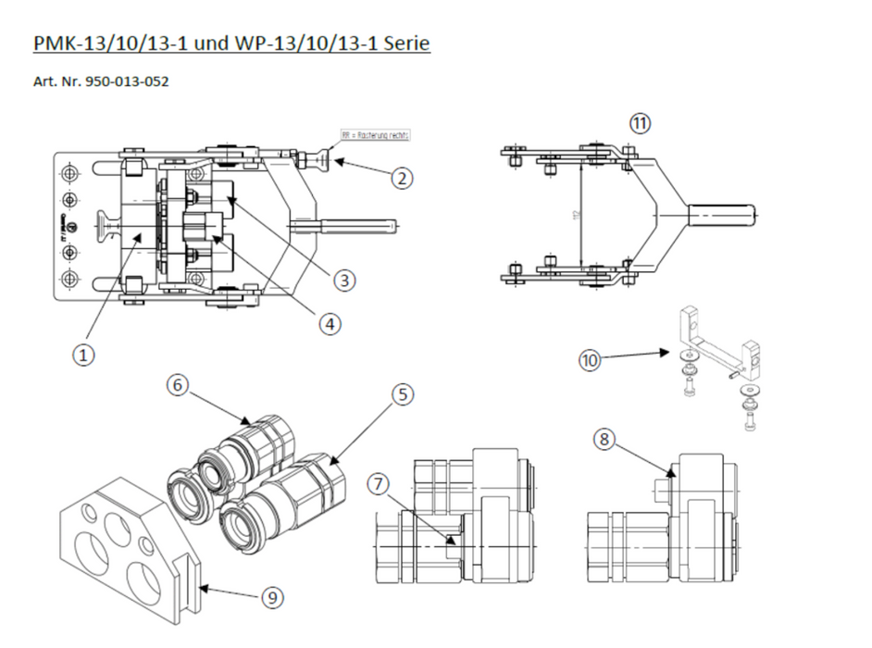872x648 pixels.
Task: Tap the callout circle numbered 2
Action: (401, 177)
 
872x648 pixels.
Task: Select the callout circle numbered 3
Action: (343, 279)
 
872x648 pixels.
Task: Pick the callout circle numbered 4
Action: (330, 323)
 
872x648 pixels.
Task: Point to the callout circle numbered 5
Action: (400, 395)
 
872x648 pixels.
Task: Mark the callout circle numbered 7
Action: (379, 483)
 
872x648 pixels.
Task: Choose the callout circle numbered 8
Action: (604, 441)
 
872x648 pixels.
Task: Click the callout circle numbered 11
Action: (641, 122)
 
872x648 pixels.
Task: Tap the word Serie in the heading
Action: (406, 43)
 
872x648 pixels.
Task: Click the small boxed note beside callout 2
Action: (375, 135)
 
